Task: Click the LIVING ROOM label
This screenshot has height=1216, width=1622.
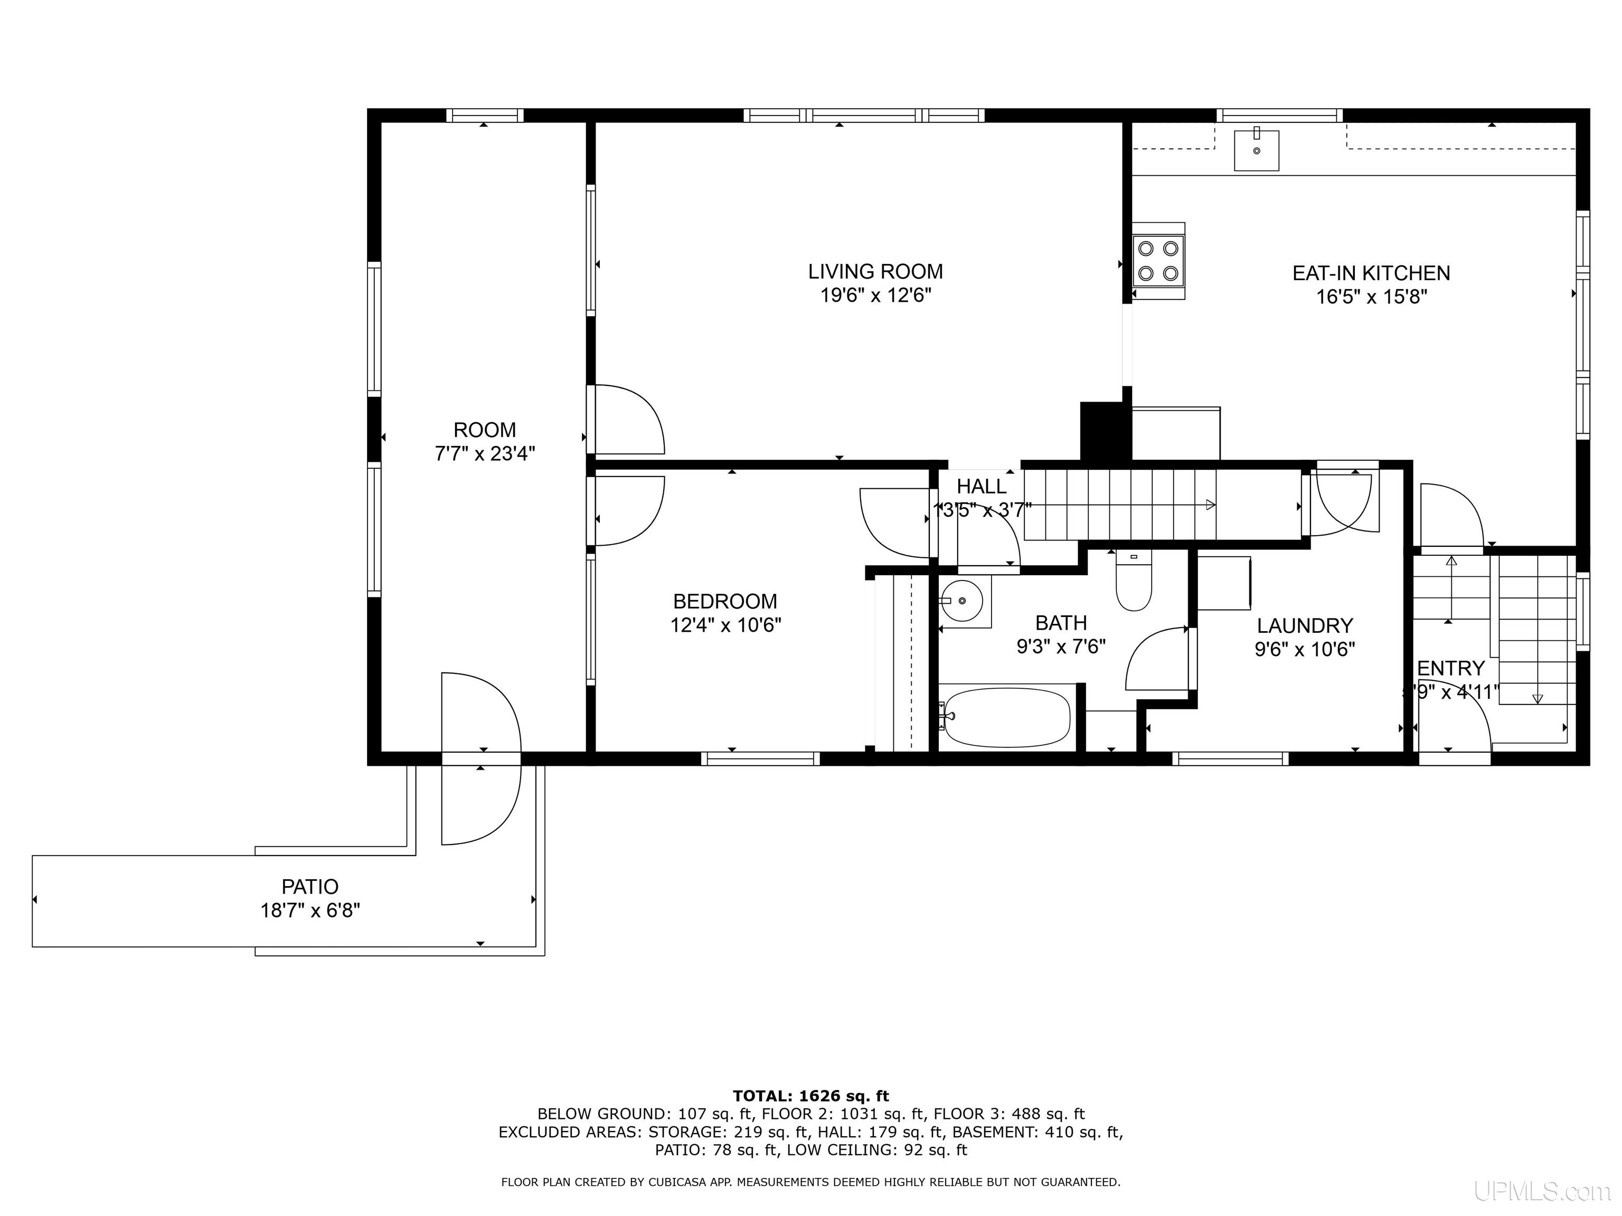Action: tap(875, 272)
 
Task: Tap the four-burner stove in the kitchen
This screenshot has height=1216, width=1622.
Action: tap(1158, 261)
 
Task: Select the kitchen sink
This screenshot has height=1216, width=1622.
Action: tap(1256, 150)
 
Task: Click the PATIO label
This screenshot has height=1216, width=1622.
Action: tap(310, 887)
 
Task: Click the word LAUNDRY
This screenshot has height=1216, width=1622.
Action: tap(1305, 625)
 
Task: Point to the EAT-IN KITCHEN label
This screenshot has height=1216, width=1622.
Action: tap(1371, 273)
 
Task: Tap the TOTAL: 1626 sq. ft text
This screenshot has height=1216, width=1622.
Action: tap(810, 1096)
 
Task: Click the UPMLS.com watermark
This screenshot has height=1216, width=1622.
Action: tap(1541, 1191)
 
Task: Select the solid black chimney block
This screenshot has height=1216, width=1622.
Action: tap(1105, 431)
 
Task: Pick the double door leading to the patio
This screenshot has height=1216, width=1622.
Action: tap(481, 758)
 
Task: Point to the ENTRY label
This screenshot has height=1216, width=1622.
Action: tap(1450, 669)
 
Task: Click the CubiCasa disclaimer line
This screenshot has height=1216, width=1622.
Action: tap(810, 1182)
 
